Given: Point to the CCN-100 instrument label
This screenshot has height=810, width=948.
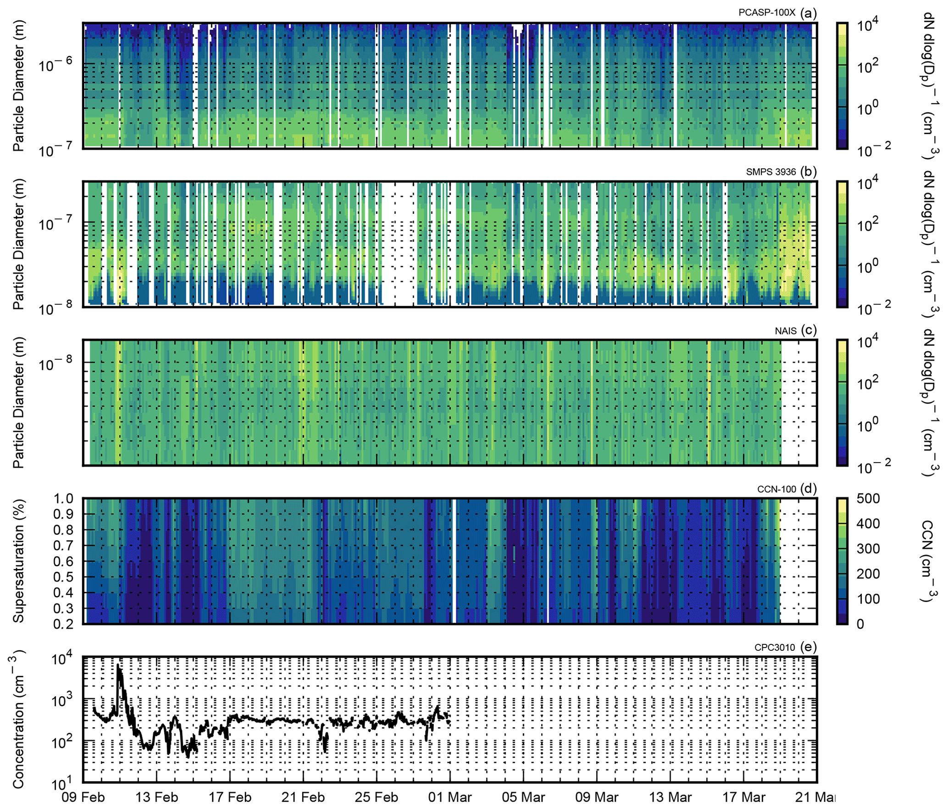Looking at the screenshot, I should click(x=776, y=489).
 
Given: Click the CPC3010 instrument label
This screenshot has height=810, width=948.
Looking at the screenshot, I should click(x=774, y=648).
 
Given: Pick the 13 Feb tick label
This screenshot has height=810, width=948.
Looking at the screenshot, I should click(x=156, y=797).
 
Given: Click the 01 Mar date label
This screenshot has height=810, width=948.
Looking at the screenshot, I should click(x=449, y=797).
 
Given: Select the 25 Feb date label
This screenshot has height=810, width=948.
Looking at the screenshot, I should click(x=376, y=797).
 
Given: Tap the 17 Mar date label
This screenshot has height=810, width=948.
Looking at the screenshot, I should click(x=743, y=797).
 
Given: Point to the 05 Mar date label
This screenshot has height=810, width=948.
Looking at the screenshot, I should click(x=523, y=797).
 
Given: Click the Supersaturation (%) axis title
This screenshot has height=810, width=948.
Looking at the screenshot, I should click(x=18, y=561).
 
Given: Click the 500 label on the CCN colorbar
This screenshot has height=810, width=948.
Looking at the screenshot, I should click(x=868, y=499).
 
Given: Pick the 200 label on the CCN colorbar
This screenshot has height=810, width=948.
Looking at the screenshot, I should click(x=868, y=574).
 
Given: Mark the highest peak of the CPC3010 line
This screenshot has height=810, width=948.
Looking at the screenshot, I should click(x=118, y=665).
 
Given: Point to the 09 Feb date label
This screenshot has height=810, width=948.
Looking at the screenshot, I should click(x=83, y=797).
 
